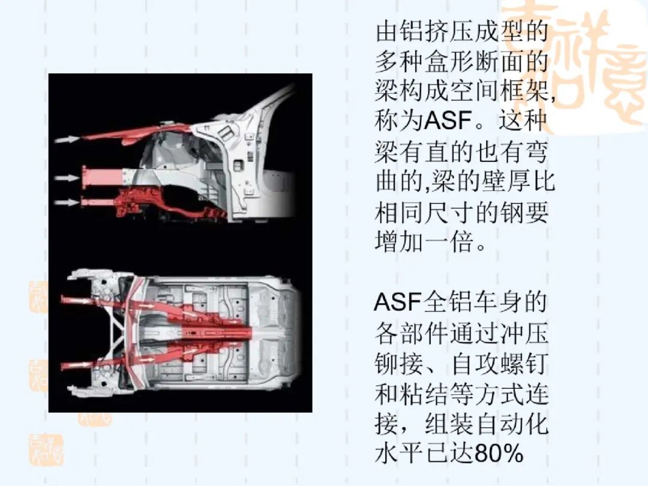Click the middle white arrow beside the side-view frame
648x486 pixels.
(67, 178)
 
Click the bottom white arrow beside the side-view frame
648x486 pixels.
(67, 203)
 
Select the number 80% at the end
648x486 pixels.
(499, 454)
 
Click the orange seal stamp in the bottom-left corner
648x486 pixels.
(46, 449)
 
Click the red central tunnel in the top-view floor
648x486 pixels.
(215, 331)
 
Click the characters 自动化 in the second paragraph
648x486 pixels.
(512, 424)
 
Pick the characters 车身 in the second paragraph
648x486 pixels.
(499, 302)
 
